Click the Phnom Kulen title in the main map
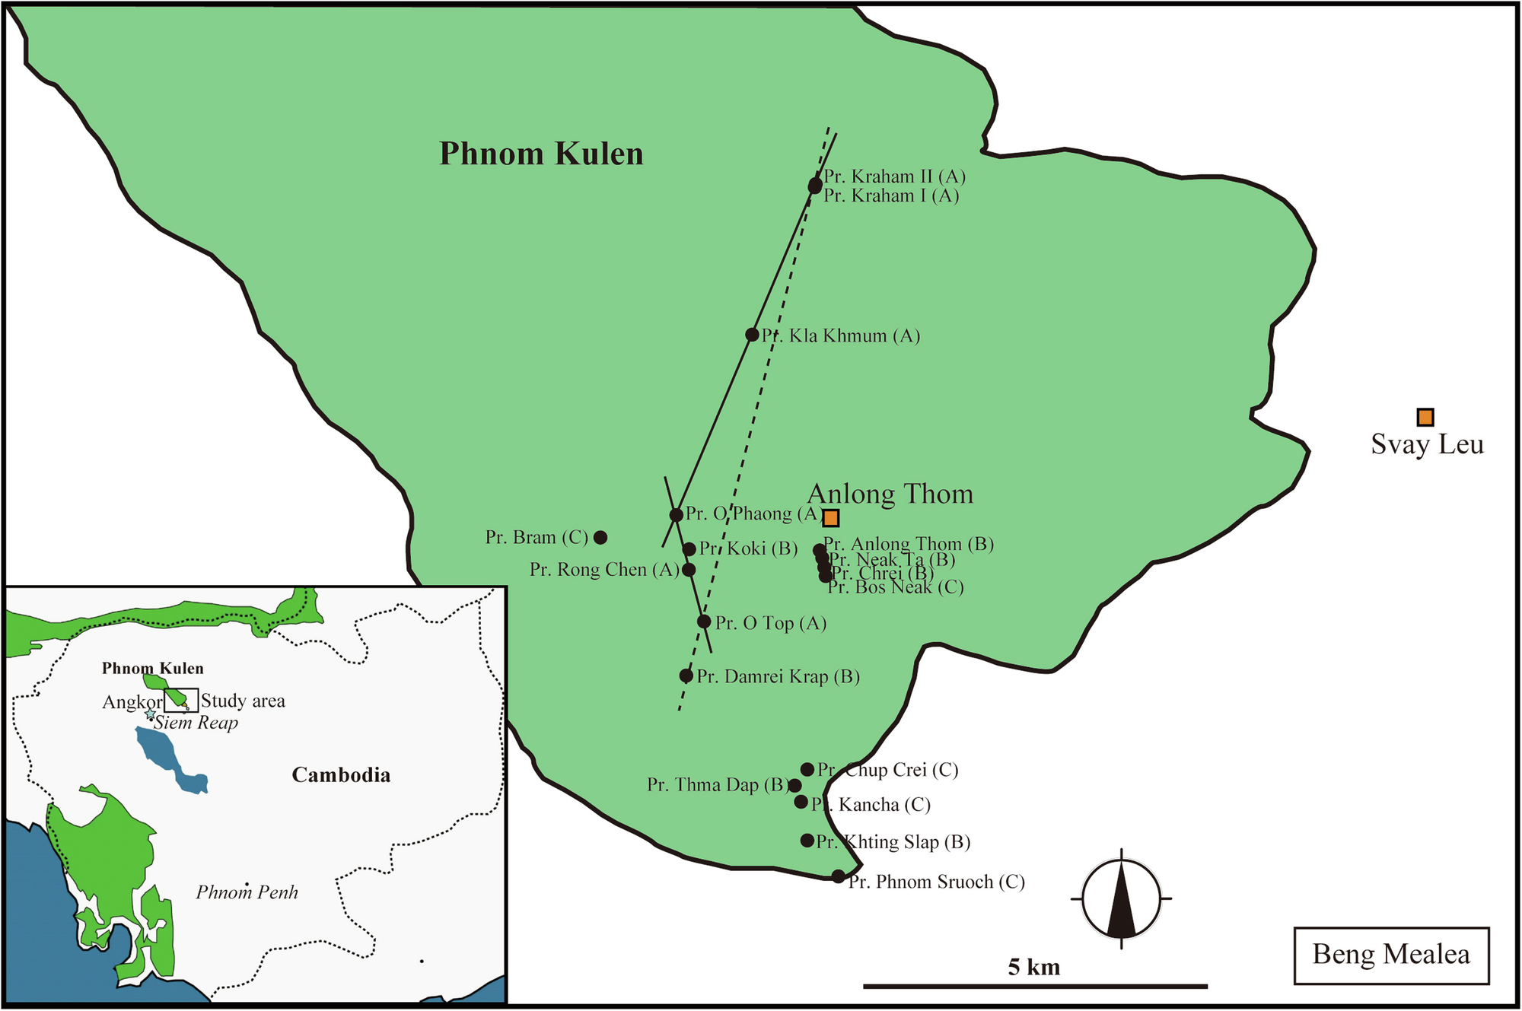[x=541, y=154]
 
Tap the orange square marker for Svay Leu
[x=1425, y=417]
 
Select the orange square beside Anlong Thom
[x=831, y=518]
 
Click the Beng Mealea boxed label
[x=1391, y=955]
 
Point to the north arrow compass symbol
[x=1121, y=898]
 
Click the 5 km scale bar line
[x=1035, y=986]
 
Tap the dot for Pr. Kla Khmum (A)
[x=752, y=335]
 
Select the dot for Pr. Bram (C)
[x=600, y=537]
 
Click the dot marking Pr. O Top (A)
[x=704, y=622]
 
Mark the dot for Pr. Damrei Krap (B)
[x=686, y=676]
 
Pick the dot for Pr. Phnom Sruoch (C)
[x=838, y=876]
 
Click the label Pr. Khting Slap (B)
[x=893, y=842]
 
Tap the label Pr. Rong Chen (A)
[x=604, y=570]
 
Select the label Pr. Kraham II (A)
[x=895, y=176]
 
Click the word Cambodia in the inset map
[x=341, y=775]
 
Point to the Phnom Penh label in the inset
[x=247, y=892]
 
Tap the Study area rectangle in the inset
[x=181, y=700]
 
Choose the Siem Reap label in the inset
[x=196, y=723]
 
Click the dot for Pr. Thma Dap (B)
[x=794, y=785]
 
